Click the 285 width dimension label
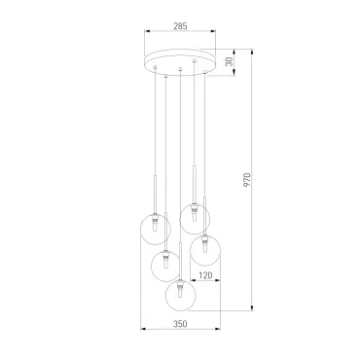180,26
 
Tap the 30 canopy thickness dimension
230,61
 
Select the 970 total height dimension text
247,180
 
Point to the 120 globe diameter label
205,275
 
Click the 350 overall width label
180,324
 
